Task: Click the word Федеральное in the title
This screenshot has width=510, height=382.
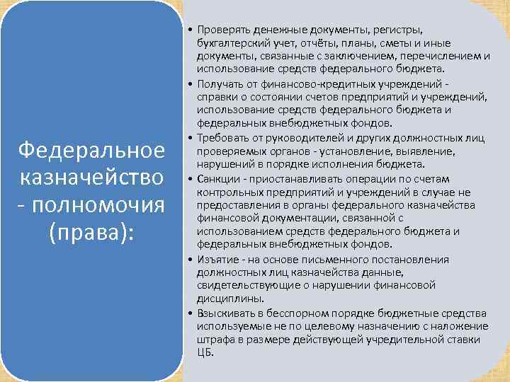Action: click(x=91, y=150)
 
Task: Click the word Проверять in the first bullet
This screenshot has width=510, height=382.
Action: click(x=222, y=30)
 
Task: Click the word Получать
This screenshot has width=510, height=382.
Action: click(x=220, y=83)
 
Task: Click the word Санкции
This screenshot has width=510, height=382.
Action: click(x=217, y=177)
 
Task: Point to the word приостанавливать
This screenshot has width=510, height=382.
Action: click(x=295, y=177)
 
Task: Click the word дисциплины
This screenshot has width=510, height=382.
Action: click(x=225, y=299)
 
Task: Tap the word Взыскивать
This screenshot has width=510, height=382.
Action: click(x=225, y=313)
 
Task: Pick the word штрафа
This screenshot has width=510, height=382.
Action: click(x=214, y=339)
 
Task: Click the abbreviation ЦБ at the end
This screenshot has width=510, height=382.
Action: click(x=205, y=352)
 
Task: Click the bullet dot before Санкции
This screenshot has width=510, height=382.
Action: click(x=191, y=177)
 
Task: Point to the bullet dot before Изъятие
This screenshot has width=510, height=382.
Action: click(x=191, y=259)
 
